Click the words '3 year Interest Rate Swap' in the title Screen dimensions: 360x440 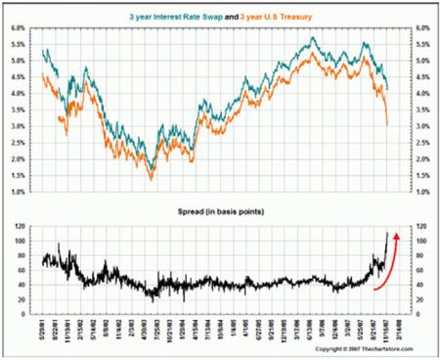[185, 17]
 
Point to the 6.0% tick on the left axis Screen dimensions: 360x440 [19, 28]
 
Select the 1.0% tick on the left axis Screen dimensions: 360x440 [19, 193]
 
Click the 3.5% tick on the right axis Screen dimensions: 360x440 [421, 111]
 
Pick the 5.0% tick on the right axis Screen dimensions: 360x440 [421, 61]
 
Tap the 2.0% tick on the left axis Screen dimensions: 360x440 [19, 159]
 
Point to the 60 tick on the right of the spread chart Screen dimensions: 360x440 [418, 271]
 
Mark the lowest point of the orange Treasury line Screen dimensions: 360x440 [152, 178]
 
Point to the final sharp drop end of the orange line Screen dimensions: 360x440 [388, 124]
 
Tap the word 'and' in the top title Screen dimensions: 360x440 [247, 17]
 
